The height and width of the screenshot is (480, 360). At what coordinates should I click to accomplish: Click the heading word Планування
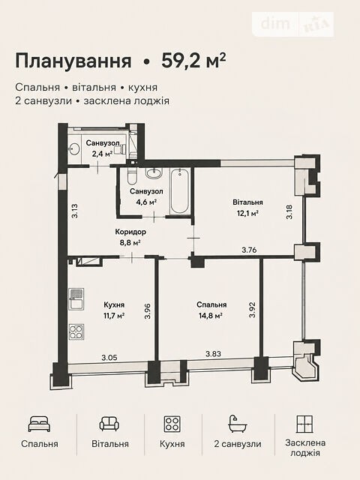click(x=73, y=61)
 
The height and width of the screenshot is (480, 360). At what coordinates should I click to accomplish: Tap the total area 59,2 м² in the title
click(x=193, y=61)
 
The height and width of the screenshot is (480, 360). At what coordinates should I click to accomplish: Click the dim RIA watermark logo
click(x=292, y=24)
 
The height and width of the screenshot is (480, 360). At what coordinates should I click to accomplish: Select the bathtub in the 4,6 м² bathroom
click(x=179, y=191)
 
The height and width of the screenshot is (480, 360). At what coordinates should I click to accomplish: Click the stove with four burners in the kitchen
click(x=76, y=331)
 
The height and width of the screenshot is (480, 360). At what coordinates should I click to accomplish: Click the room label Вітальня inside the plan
click(x=247, y=202)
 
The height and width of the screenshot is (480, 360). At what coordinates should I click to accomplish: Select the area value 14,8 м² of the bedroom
click(x=210, y=315)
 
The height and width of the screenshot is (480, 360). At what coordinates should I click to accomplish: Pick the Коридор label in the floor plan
click(x=130, y=232)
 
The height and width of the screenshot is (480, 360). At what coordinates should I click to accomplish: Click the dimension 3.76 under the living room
click(x=249, y=250)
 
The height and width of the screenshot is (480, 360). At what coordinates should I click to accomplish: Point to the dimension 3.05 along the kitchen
click(x=109, y=357)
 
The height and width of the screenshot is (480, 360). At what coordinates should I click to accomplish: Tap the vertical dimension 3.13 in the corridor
click(x=75, y=211)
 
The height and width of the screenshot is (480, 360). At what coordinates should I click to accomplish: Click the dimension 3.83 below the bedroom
click(x=213, y=354)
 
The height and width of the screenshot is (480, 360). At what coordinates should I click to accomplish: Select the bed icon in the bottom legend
click(x=39, y=424)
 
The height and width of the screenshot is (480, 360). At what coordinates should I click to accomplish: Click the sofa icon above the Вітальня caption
click(x=109, y=424)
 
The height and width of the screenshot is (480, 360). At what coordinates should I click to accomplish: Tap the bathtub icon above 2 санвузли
click(x=238, y=424)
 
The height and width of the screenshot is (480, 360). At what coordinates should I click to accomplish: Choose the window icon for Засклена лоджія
click(x=305, y=424)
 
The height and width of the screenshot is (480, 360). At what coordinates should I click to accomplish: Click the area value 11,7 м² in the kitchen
click(x=114, y=316)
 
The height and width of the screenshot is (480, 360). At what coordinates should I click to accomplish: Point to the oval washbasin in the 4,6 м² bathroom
click(x=154, y=173)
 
